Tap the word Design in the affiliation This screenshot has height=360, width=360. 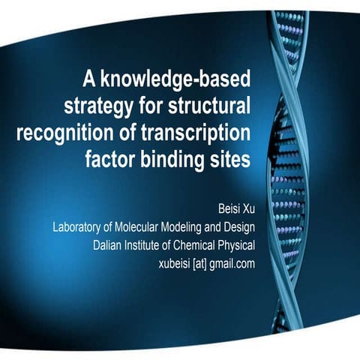click(x=242, y=226)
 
